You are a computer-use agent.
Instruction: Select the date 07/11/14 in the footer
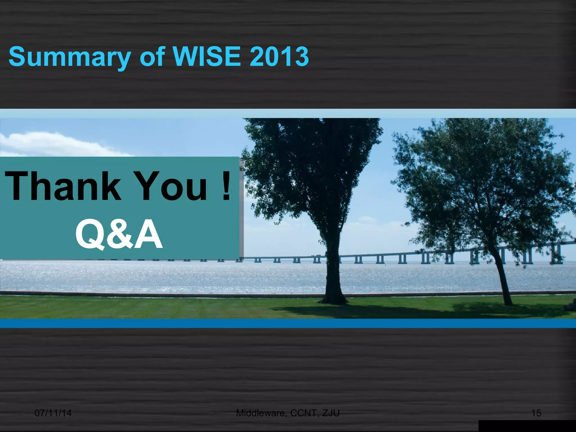[x=53, y=413]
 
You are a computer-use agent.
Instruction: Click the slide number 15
[x=536, y=413]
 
